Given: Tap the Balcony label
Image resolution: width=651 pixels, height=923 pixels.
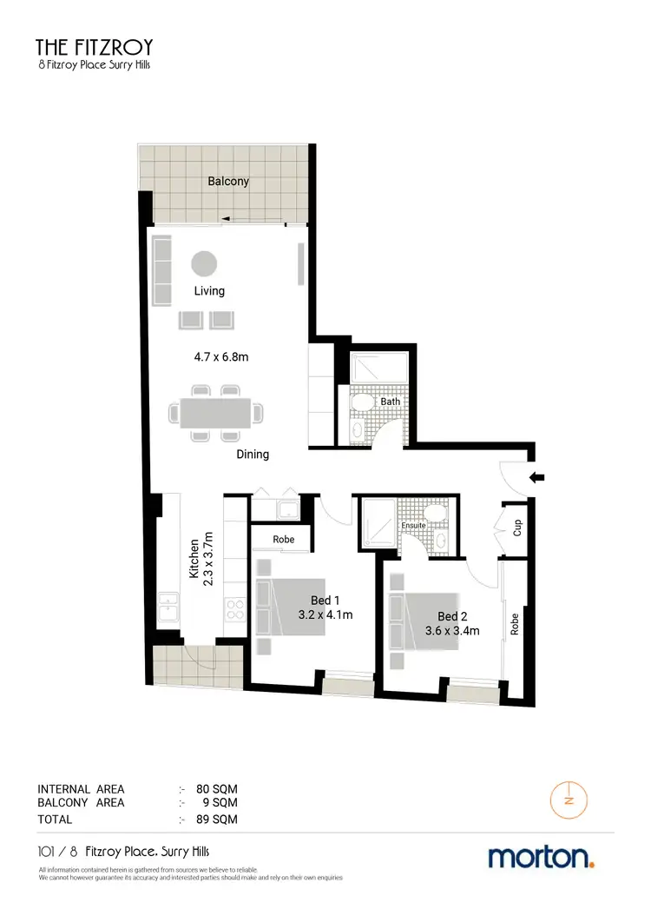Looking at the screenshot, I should [x=228, y=182].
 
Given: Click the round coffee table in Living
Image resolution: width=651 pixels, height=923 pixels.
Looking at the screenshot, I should [x=205, y=262].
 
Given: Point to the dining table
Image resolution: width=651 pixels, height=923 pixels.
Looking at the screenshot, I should [x=216, y=413].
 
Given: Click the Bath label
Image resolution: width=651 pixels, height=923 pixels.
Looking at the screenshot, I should [x=390, y=402].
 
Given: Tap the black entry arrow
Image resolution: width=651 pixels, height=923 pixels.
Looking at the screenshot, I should [x=537, y=475].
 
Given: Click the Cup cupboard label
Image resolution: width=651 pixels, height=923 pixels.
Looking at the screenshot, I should [x=516, y=527].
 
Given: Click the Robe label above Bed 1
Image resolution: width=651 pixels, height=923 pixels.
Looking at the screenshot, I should [x=283, y=539].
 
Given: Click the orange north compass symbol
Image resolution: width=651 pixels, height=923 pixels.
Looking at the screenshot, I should [x=569, y=800].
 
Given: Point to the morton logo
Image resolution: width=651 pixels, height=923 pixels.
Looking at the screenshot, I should [x=542, y=857].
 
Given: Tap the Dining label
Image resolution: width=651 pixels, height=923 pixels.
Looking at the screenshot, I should [x=253, y=455].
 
